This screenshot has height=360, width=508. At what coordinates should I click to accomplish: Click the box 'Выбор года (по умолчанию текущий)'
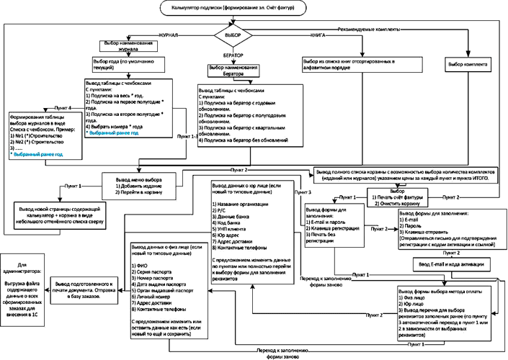click(x=134, y=66)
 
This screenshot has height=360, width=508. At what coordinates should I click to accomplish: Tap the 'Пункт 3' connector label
click(x=303, y=193)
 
